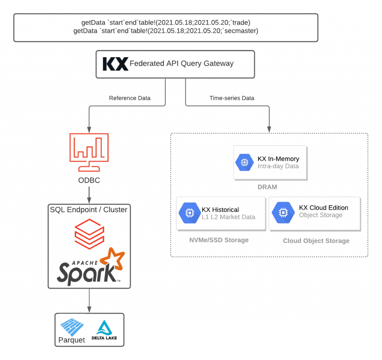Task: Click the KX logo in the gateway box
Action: click(x=115, y=64)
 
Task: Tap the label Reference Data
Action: click(x=130, y=98)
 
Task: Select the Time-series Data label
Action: click(x=232, y=98)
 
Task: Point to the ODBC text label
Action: click(x=89, y=181)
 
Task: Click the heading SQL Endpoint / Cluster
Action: click(x=89, y=210)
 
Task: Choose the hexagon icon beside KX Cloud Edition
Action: click(x=281, y=211)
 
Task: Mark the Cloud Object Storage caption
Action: click(x=316, y=241)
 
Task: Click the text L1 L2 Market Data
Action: click(x=228, y=217)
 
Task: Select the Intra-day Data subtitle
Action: click(x=278, y=166)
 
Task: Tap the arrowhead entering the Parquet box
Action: click(x=89, y=310)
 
